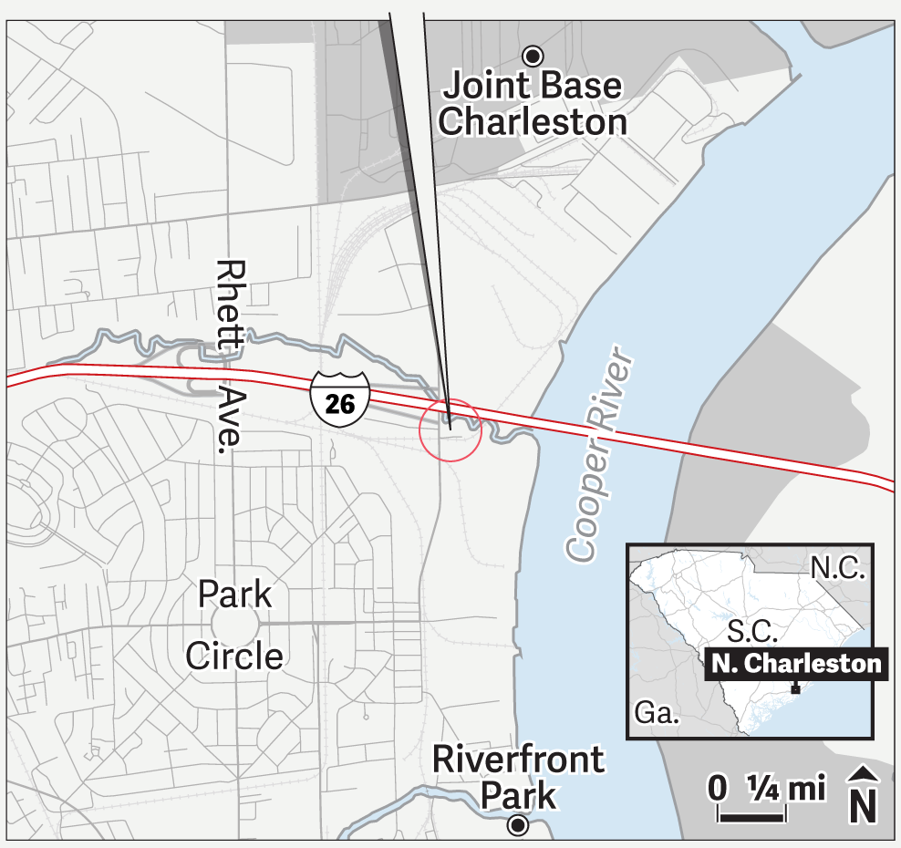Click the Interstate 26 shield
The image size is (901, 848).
click(x=340, y=400)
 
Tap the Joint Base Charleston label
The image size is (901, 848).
click(x=533, y=104)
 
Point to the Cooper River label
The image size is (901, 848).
click(x=598, y=453)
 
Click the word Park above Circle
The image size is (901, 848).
click(x=235, y=595)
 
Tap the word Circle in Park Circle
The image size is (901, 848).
click(x=234, y=655)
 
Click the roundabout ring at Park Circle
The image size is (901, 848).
click(x=235, y=626)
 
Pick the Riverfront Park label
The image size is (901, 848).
click(x=518, y=776)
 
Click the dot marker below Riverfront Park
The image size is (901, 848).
click(x=518, y=826)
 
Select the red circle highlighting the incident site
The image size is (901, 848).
click(x=450, y=429)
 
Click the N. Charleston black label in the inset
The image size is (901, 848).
click(x=796, y=663)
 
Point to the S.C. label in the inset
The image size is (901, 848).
click(x=752, y=630)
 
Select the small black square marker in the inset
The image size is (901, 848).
click(x=795, y=690)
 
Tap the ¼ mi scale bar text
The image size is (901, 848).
click(x=785, y=787)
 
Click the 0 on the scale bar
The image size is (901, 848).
click(x=718, y=787)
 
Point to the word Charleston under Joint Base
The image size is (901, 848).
click(x=533, y=121)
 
